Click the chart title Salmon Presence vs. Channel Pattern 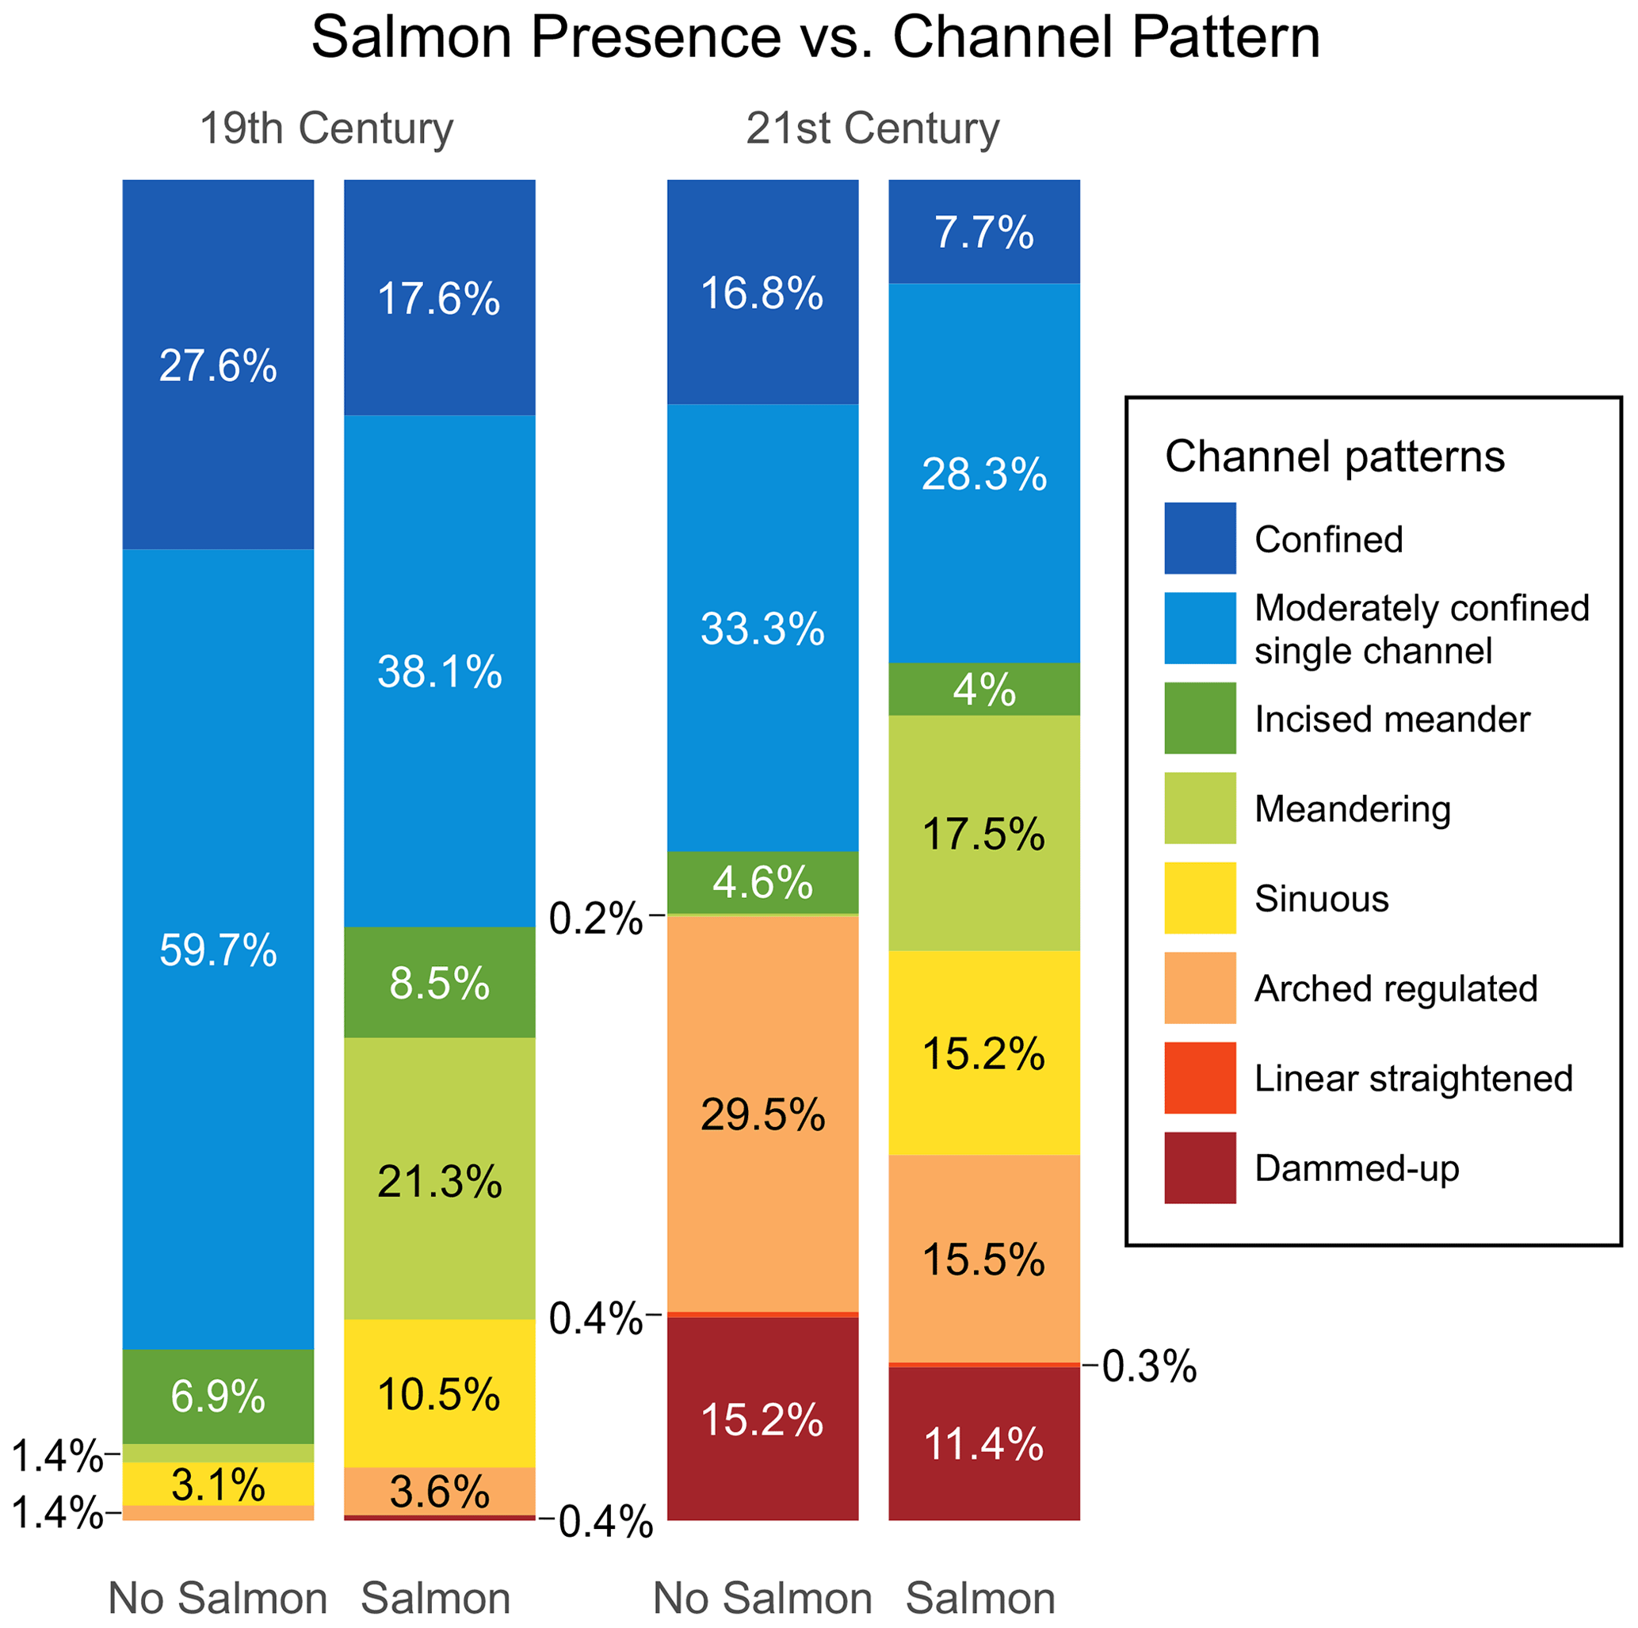[x=815, y=37]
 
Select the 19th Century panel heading [x=326, y=129]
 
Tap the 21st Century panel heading [x=872, y=129]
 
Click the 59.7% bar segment [x=218, y=950]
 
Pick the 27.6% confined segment [x=218, y=365]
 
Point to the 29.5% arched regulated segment [x=762, y=1114]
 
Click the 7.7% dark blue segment [x=983, y=231]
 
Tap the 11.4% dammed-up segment [x=983, y=1444]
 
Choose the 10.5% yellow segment [x=439, y=1394]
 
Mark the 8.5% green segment [x=439, y=983]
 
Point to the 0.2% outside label [x=595, y=919]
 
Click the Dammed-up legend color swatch [x=1200, y=1167]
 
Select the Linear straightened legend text [x=1413, y=1079]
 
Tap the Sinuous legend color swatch [x=1200, y=898]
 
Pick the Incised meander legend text [x=1392, y=719]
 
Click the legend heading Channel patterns [x=1334, y=457]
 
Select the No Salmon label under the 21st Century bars [x=762, y=1599]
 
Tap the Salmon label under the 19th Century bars [x=436, y=1599]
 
